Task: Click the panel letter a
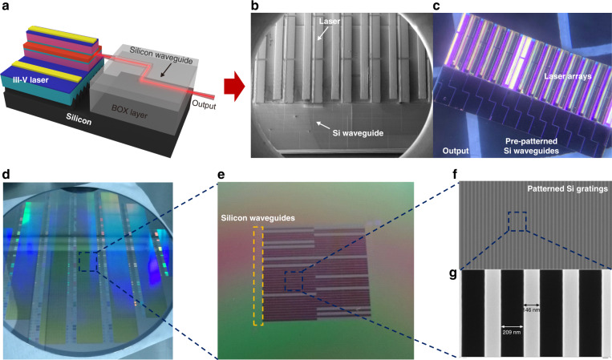6,6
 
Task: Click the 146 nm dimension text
533,308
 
